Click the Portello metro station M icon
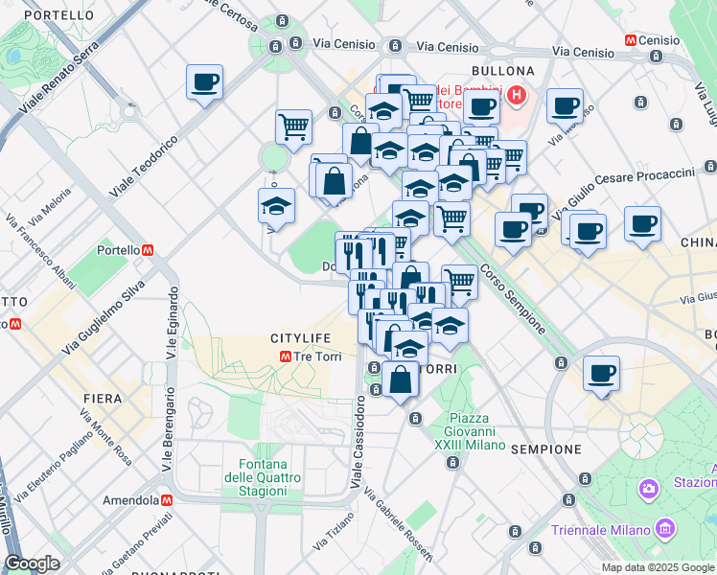tap(148, 250)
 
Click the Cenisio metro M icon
tap(630, 41)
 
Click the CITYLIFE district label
tap(300, 339)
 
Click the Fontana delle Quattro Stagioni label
tap(256, 477)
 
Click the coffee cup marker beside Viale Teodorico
tap(204, 83)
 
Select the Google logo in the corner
tap(32, 563)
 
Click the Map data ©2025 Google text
tap(657, 567)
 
